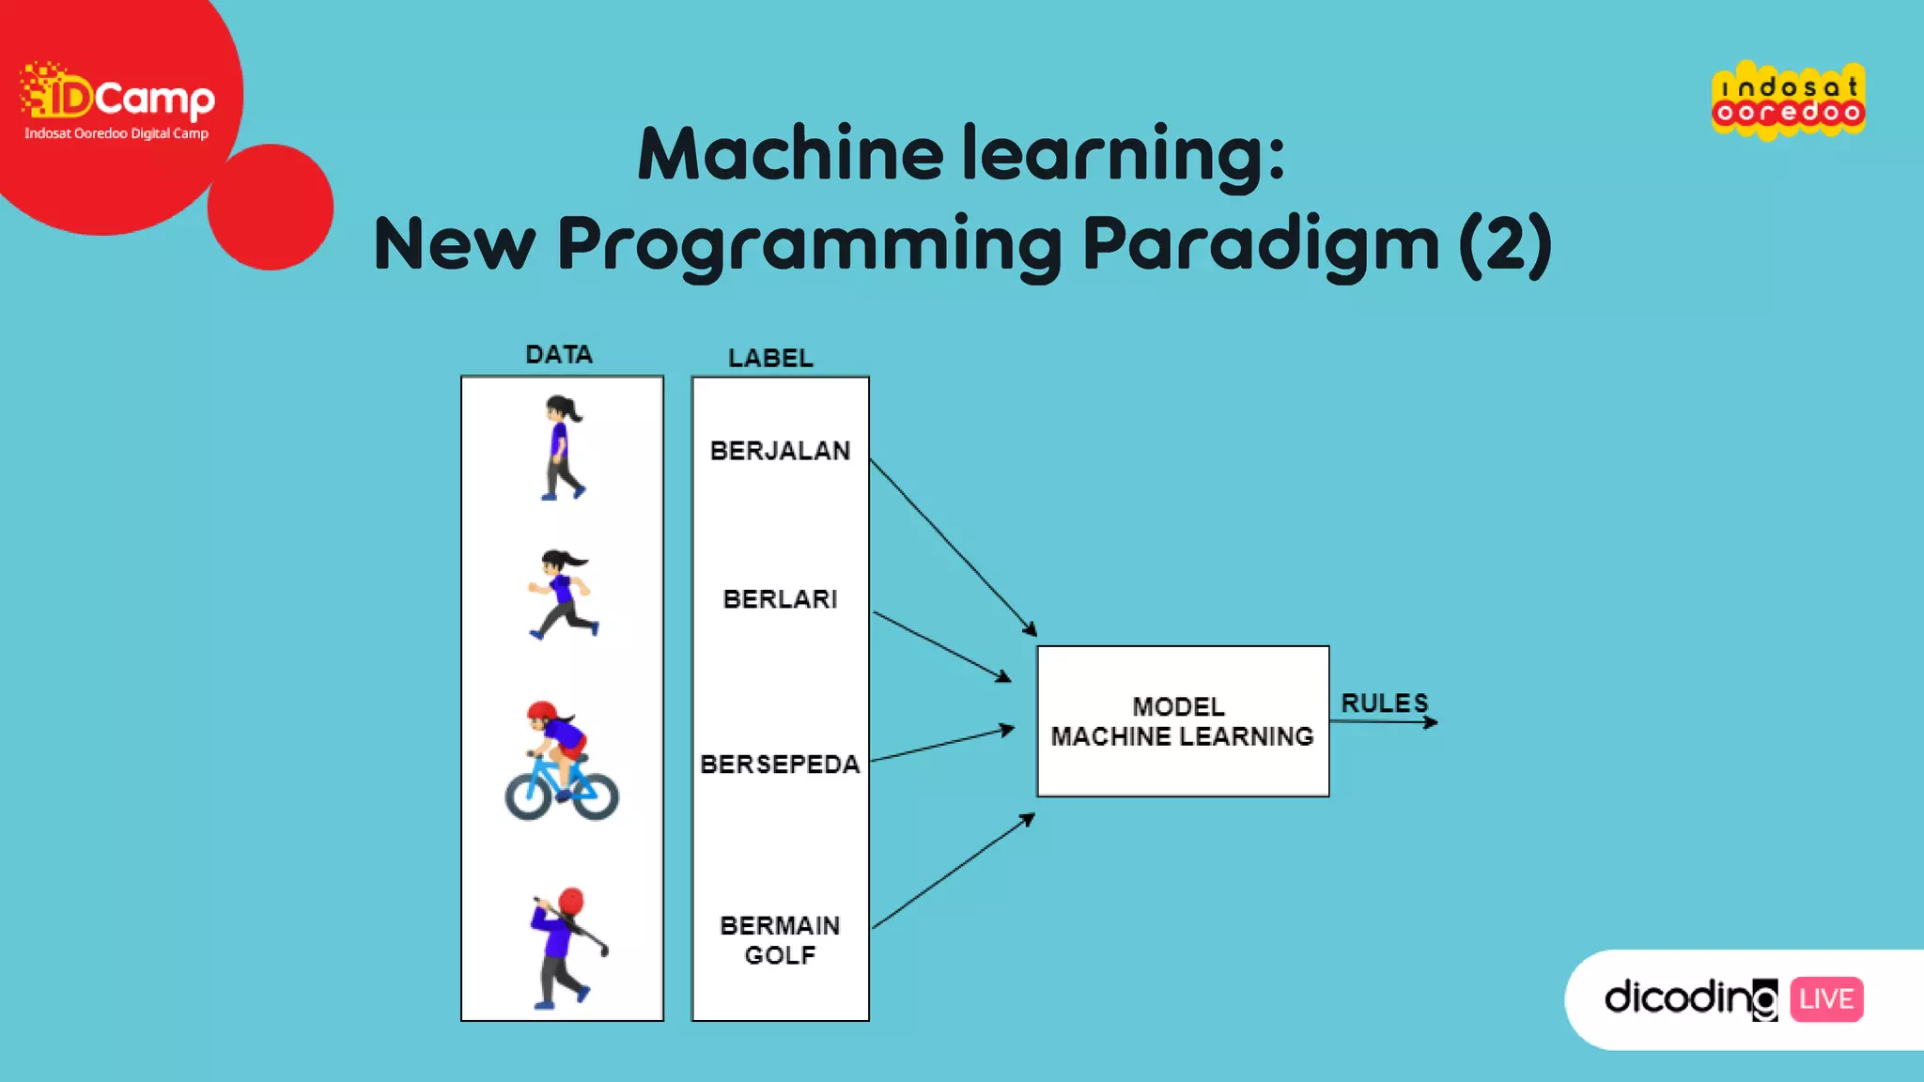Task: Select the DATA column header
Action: [559, 355]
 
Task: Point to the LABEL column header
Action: [770, 358]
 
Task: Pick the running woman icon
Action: [563, 595]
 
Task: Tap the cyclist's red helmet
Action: [542, 711]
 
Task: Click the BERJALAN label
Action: [780, 451]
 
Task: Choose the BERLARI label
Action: [780, 599]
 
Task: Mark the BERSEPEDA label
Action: [780, 765]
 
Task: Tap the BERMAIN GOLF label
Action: [780, 940]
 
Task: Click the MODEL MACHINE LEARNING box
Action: [1183, 721]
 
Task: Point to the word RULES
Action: [1384, 703]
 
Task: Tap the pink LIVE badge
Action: [1826, 998]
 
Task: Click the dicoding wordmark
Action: [1690, 997]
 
